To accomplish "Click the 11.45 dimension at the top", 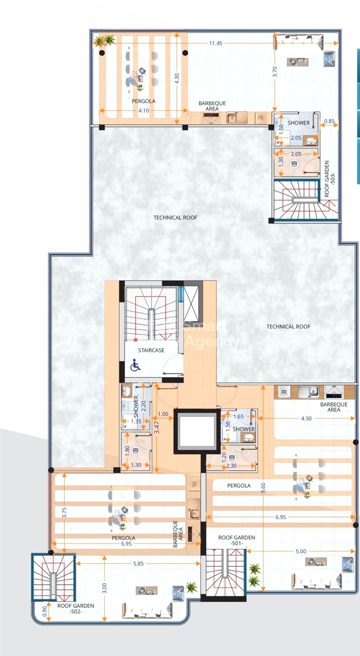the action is (216, 43).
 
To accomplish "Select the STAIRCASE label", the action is (151, 350).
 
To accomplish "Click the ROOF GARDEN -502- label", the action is (76, 608).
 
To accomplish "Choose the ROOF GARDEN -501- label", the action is (237, 540).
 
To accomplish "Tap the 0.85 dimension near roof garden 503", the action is (329, 121).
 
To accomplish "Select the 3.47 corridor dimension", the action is (157, 427).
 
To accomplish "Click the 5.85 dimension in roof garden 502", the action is (138, 563).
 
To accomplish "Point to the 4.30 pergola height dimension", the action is (177, 78).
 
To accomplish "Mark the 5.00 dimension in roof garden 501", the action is (301, 551).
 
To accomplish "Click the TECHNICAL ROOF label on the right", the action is (288, 326).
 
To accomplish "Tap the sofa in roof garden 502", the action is (147, 610).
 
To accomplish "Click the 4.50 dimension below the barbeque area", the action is (306, 418).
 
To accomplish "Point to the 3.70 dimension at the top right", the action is (275, 72).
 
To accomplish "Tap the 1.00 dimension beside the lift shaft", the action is (163, 414).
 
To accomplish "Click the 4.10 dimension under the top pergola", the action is (143, 111).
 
